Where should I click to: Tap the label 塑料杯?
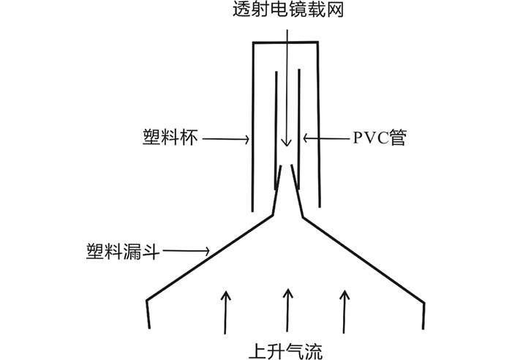[x=170, y=137]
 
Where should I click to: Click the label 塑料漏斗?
[x=120, y=251]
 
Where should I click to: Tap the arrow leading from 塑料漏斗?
[x=187, y=252]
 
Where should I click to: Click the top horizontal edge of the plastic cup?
[x=285, y=42]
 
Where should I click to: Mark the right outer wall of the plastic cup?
[x=318, y=124]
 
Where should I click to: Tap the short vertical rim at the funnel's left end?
[x=150, y=313]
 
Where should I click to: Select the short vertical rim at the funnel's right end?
[x=424, y=313]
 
